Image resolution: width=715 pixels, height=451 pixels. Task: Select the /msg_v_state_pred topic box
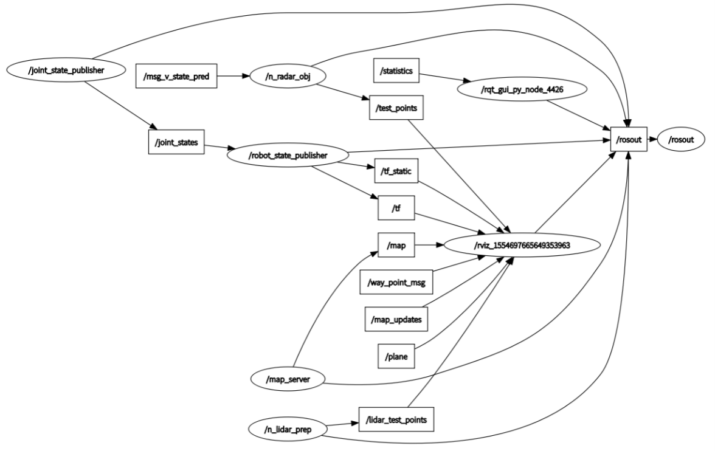pos(176,77)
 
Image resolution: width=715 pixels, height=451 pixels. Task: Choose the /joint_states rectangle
pos(176,141)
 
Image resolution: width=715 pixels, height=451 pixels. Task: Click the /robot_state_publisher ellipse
pos(288,155)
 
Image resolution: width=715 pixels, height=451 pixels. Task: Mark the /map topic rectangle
pos(396,246)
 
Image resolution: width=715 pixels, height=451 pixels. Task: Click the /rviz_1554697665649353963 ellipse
pos(523,246)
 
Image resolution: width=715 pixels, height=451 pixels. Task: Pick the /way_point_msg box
pos(396,283)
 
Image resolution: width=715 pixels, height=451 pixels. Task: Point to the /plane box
pos(396,356)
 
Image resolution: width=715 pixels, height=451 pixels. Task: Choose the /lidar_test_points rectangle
pos(396,419)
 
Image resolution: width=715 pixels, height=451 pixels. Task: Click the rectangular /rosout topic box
pos(629,140)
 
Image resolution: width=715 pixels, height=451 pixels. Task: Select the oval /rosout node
pos(685,140)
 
